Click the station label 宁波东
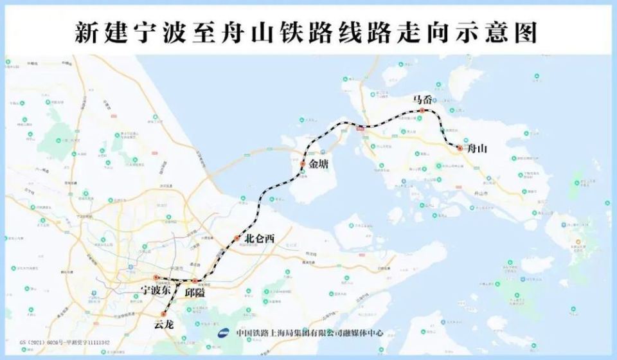pos(157,291)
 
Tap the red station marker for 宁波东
pos(156,278)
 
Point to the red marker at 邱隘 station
pos(195,281)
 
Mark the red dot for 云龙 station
pos(164,314)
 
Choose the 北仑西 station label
pos(260,239)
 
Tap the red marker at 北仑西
pos(237,239)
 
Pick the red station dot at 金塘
pos(302,165)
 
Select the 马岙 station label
pos(422,100)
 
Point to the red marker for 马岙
pos(422,111)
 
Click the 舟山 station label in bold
pos(478,149)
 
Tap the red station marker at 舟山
pos(460,148)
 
